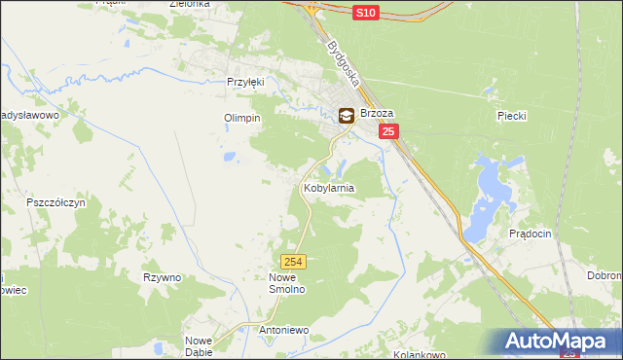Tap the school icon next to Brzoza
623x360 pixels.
346,115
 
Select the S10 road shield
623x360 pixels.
364,12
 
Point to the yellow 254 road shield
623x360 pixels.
295,262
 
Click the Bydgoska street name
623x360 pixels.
345,63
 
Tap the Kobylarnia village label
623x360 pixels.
329,187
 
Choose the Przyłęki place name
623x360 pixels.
245,83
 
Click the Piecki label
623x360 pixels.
511,116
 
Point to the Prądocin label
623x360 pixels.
531,234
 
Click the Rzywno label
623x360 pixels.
163,277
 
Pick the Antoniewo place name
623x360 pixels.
283,330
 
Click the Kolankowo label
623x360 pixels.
419,355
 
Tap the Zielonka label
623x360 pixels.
190,4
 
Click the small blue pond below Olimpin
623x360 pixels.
229,156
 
